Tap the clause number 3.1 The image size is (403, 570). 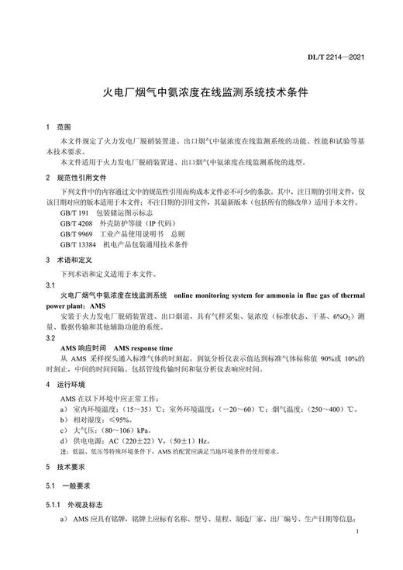[50, 285]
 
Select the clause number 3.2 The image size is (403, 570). [50, 338]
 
